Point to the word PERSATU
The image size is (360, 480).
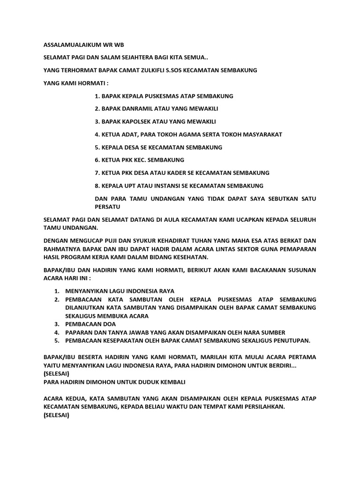(x=107, y=206)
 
